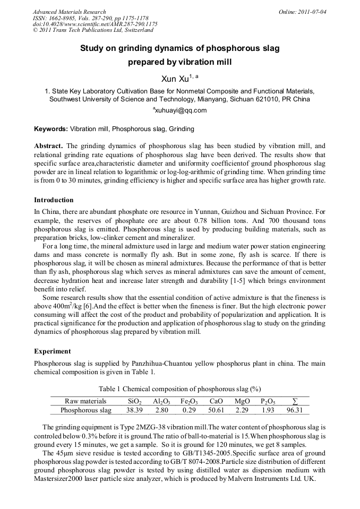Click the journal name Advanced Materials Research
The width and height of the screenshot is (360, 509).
coord(69,12)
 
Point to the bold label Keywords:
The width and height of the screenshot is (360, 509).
coord(51,129)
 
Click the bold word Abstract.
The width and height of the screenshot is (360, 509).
coord(48,146)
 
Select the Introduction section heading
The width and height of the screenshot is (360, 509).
coord(54,200)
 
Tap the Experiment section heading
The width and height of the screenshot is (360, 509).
coord(52,351)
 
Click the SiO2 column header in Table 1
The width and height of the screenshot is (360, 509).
coord(135,401)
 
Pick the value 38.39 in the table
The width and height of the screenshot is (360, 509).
coord(135,410)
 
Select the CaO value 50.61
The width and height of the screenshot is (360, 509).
coord(216,410)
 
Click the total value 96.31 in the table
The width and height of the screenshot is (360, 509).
coord(294,410)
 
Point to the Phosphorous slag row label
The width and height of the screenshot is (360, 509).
coord(86,410)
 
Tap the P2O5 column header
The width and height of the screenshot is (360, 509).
coord(268,401)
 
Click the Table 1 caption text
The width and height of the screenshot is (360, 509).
coord(179,389)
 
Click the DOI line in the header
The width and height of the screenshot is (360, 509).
coord(95,24)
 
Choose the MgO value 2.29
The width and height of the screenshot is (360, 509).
coord(242,410)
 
